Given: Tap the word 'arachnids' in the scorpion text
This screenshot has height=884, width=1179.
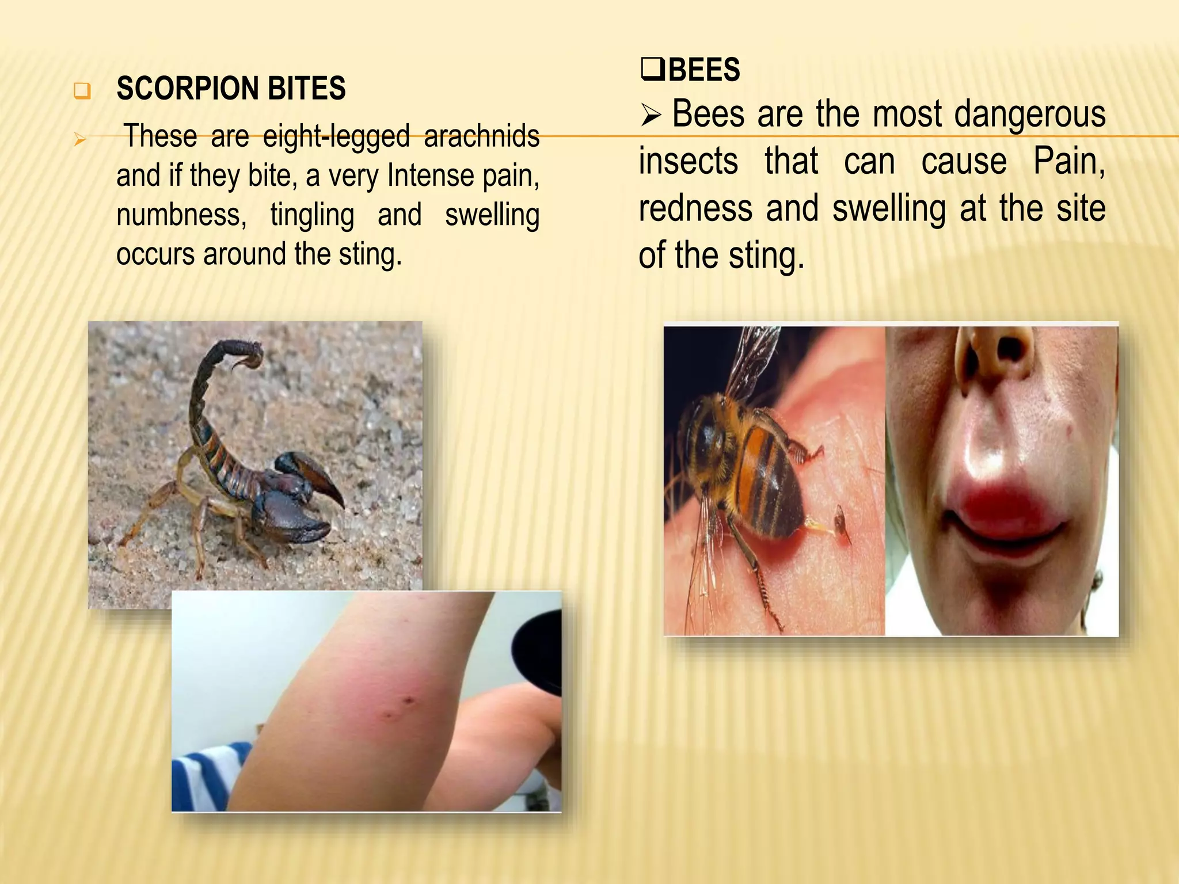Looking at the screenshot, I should point(481,136).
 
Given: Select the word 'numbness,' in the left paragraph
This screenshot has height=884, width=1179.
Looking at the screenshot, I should point(181,215).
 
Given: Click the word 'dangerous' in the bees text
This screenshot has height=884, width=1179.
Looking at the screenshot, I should point(1030,114).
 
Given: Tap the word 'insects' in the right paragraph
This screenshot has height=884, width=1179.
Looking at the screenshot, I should point(688,161).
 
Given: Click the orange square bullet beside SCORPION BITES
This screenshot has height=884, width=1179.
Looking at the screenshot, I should point(82,91).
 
